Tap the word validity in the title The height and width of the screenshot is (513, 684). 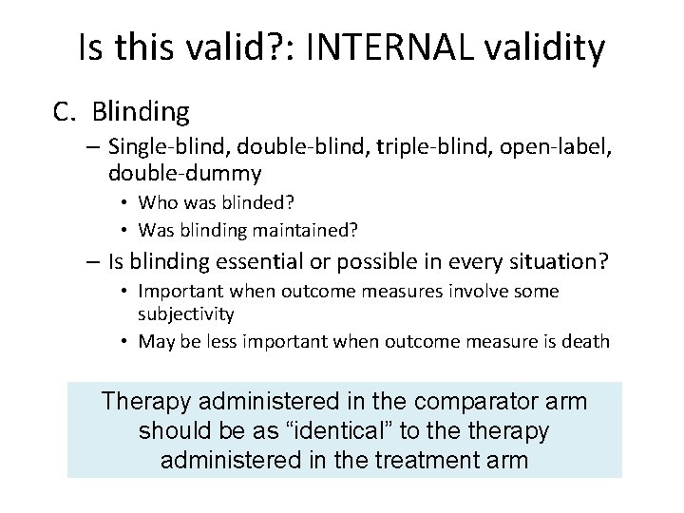pyautogui.click(x=544, y=48)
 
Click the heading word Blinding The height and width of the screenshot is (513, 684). pyautogui.click(x=142, y=113)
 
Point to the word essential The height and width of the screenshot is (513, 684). pyautogui.click(x=238, y=260)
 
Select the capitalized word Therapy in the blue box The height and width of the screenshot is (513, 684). pyautogui.click(x=146, y=401)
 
